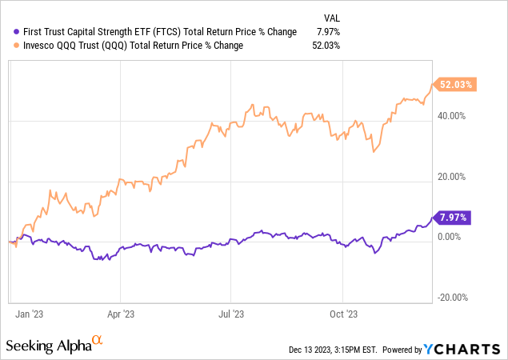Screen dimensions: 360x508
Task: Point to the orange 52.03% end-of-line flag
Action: (x=454, y=84)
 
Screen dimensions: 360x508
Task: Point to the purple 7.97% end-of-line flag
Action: (x=453, y=217)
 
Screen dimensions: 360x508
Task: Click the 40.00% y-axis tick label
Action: (x=454, y=116)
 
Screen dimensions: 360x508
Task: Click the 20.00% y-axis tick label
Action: (x=454, y=177)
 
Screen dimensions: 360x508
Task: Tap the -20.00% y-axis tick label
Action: (x=452, y=298)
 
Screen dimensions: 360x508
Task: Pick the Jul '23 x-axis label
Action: (x=230, y=314)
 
